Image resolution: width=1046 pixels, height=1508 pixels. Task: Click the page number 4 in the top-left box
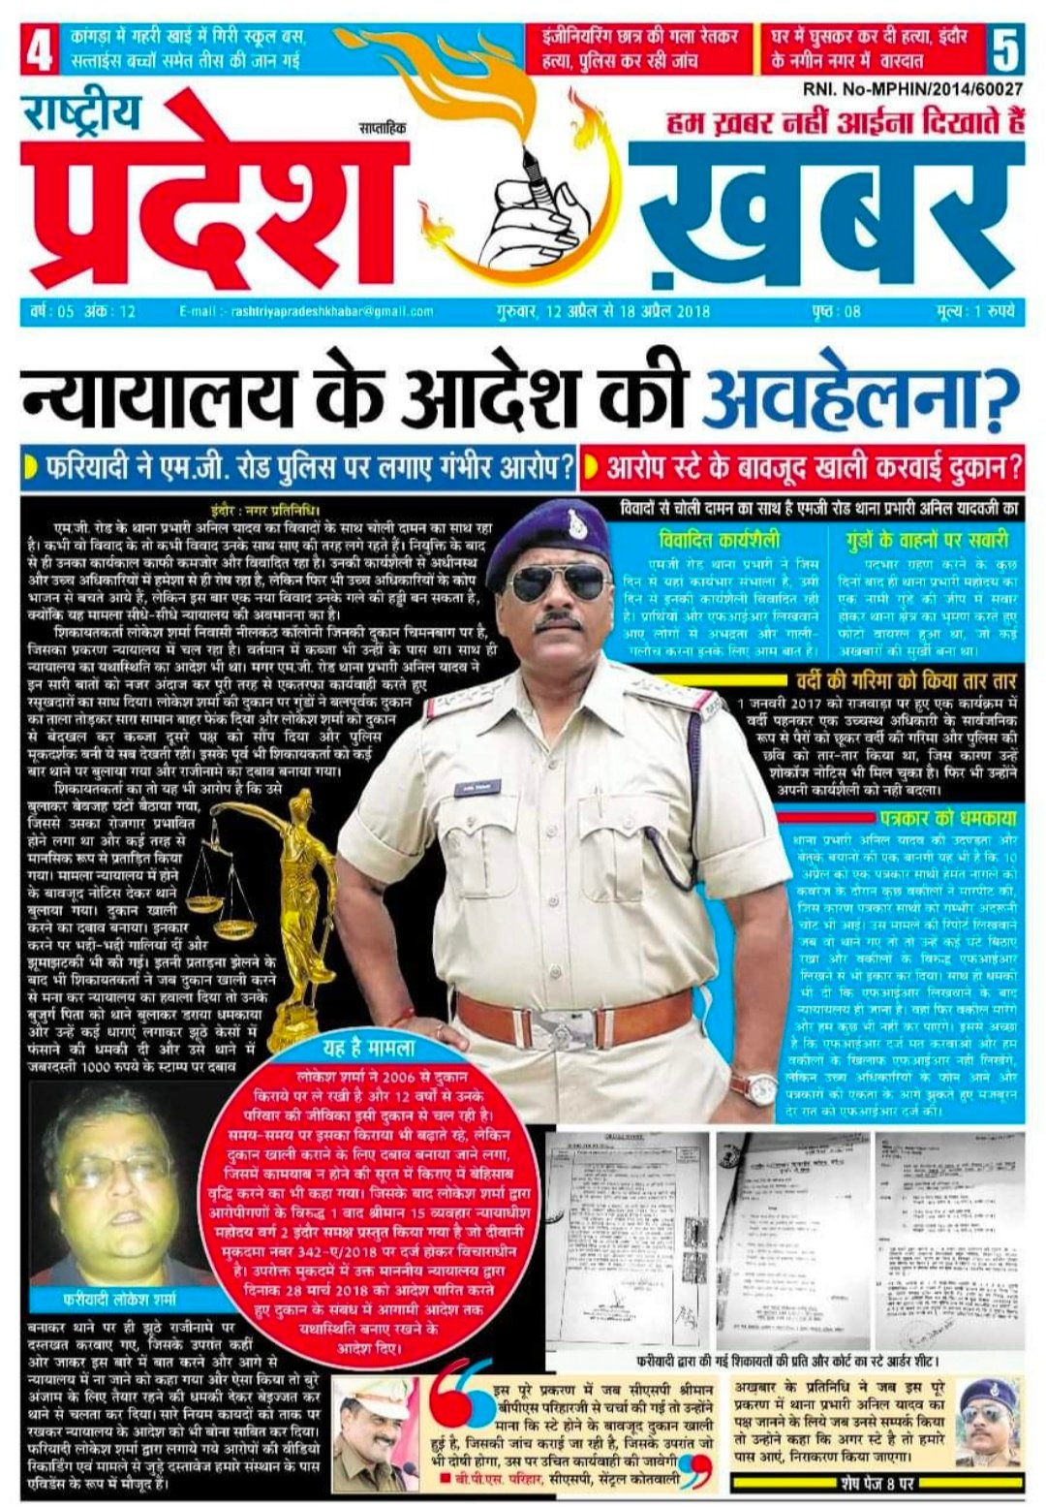[x=40, y=49]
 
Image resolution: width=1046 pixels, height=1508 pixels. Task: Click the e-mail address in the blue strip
[x=306, y=312]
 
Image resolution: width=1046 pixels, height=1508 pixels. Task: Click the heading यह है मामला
[x=368, y=1048]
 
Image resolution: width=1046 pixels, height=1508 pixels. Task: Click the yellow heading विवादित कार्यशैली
[x=719, y=539]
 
